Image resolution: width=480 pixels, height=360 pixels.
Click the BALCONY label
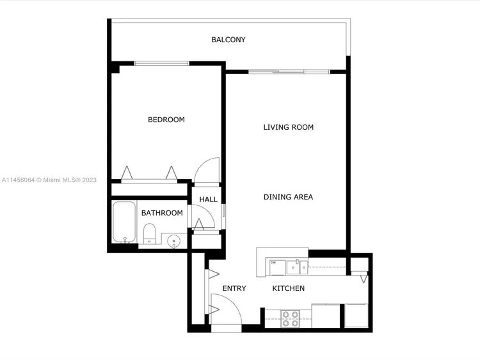tap(228, 40)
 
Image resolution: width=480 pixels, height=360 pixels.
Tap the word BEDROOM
tap(166, 120)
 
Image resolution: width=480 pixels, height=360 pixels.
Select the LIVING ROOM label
tap(289, 127)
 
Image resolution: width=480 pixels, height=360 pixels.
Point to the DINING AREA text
tap(288, 197)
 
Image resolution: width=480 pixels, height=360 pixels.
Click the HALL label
tap(208, 200)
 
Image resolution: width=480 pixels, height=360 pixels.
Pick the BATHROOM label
tap(162, 213)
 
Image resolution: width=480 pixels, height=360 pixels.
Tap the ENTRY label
tap(234, 288)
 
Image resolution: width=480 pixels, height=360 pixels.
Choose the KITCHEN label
tap(289, 288)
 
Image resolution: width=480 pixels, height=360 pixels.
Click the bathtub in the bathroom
tap(124, 222)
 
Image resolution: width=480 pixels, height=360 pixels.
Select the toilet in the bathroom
tap(149, 234)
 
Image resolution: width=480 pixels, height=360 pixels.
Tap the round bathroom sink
tap(173, 241)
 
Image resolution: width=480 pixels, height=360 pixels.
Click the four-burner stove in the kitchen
tap(290, 318)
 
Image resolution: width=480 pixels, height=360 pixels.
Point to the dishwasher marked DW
tap(277, 267)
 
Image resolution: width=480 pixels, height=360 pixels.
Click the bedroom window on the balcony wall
tap(162, 63)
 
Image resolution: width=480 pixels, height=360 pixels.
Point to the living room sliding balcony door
tap(289, 72)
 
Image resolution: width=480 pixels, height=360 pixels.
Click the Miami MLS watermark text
tap(49, 180)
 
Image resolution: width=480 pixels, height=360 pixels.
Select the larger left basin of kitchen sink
tap(293, 267)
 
